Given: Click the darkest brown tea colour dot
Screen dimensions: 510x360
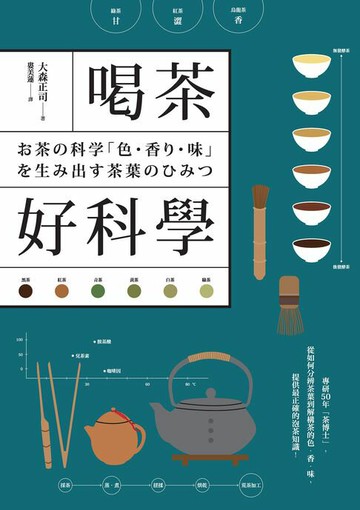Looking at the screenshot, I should [x=26, y=291].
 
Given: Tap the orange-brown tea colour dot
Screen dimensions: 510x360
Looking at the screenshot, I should [x=62, y=291].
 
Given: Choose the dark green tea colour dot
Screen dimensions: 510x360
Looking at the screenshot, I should [x=98, y=291].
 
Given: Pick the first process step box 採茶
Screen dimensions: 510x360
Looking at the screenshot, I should [x=64, y=483].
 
